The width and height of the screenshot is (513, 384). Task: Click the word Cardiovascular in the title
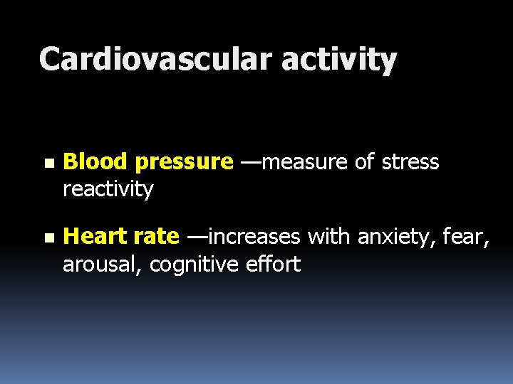coord(155,59)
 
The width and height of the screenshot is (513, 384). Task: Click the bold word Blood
coord(95,162)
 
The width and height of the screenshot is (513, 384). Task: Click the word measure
coord(311,163)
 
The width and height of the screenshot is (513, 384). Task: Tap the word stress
coord(410,163)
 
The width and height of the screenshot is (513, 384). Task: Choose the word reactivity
coord(108,190)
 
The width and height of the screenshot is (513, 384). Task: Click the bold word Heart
coord(93,236)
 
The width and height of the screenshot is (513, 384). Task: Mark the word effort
coord(273,265)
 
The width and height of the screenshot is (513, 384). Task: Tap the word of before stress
coord(364,163)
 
